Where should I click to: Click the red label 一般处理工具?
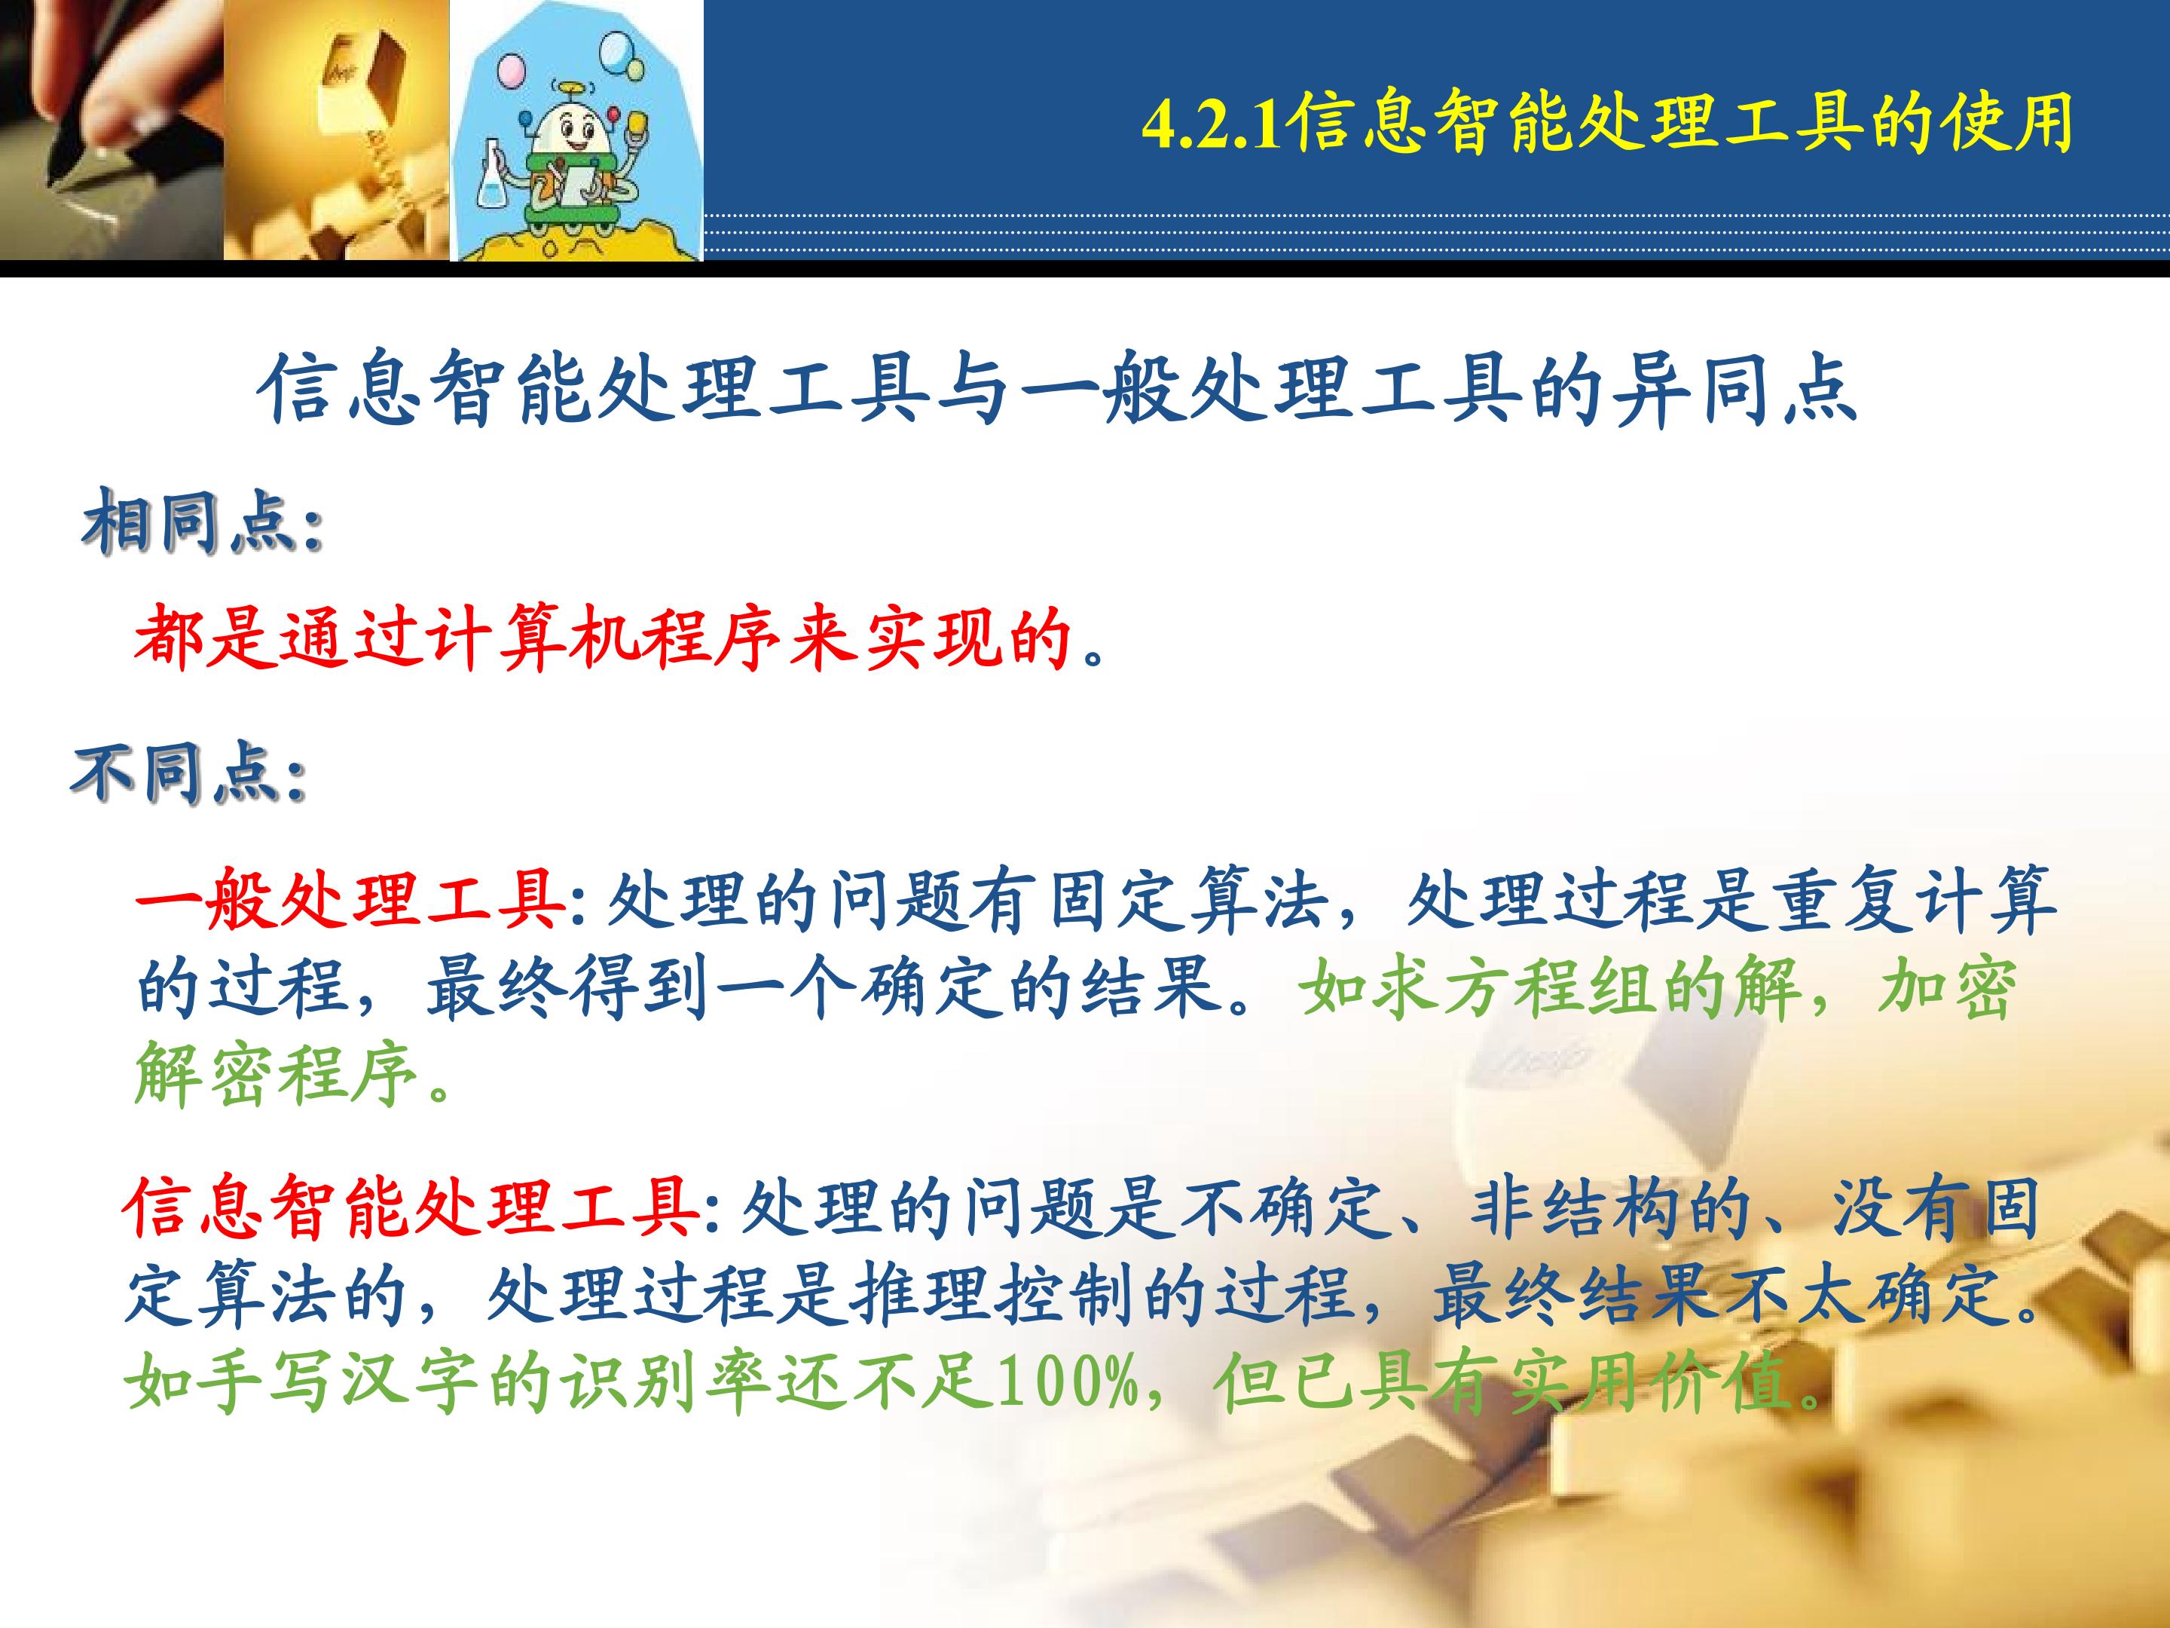350,897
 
